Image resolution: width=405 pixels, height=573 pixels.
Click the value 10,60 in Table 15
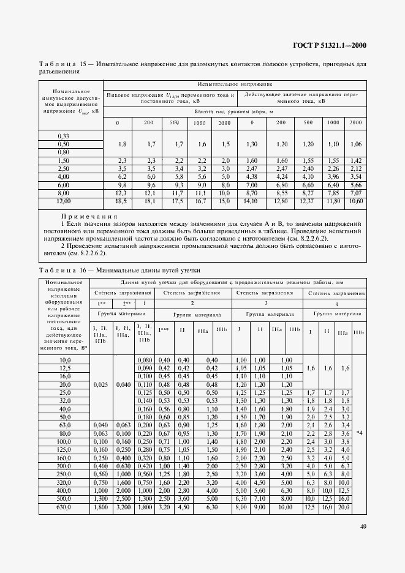tap(355, 201)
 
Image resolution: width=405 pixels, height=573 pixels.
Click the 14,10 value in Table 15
tap(251, 201)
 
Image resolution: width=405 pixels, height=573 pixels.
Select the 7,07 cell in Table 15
tap(355, 193)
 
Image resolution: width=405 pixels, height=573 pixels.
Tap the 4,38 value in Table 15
tap(251, 176)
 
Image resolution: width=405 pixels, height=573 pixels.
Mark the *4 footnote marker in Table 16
tap(358, 433)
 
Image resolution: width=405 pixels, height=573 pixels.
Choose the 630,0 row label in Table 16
tap(64, 507)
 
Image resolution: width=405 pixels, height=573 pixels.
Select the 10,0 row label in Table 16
tap(64, 361)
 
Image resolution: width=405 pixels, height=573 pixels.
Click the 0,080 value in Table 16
tap(144, 361)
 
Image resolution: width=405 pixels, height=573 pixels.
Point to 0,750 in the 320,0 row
tap(144, 482)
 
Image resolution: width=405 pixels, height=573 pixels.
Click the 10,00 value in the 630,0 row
tap(286, 507)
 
